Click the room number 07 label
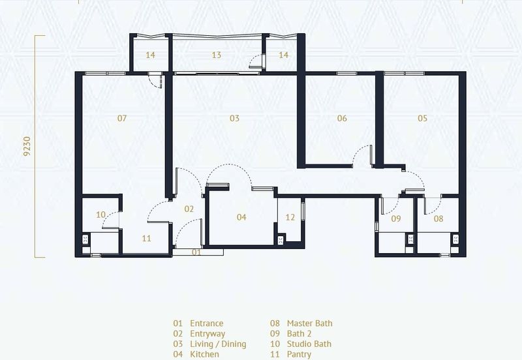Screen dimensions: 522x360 [x=122, y=118]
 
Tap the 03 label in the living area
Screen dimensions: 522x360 [x=234, y=118]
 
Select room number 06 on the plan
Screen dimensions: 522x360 [x=342, y=118]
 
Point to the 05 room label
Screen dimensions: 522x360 [x=422, y=118]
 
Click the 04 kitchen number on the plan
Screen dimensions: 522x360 [x=241, y=217]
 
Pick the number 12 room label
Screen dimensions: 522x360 [x=290, y=217]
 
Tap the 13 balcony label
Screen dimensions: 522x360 [x=217, y=55]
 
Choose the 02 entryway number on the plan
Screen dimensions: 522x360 [x=189, y=209]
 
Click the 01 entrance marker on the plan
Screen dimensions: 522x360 [x=196, y=252]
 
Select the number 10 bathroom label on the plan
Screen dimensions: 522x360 [x=100, y=215]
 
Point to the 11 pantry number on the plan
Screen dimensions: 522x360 [x=146, y=238]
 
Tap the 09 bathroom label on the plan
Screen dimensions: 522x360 [x=396, y=218]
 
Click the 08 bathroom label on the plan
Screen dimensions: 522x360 [x=438, y=218]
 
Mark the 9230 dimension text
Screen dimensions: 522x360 [x=27, y=146]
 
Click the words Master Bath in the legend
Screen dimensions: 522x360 [x=309, y=323]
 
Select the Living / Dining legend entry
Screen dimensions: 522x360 [x=218, y=344]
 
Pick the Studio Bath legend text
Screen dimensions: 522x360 [x=309, y=344]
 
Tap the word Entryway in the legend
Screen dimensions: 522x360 [x=207, y=334]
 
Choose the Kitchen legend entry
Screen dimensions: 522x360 [x=204, y=354]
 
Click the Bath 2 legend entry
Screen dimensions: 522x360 [x=299, y=334]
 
